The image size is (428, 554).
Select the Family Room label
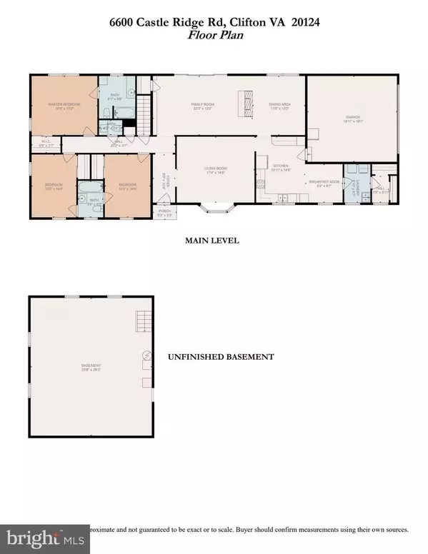pyautogui.click(x=202, y=106)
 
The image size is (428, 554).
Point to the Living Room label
pyautogui.click(x=215, y=170)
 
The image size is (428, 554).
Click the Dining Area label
pyautogui.click(x=279, y=106)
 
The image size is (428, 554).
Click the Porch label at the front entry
pyautogui.click(x=164, y=211)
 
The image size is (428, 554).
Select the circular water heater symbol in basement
pyautogui.click(x=147, y=355)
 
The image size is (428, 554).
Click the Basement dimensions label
pyautogui.click(x=91, y=369)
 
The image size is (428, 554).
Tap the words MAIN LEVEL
pyautogui.click(x=211, y=241)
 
